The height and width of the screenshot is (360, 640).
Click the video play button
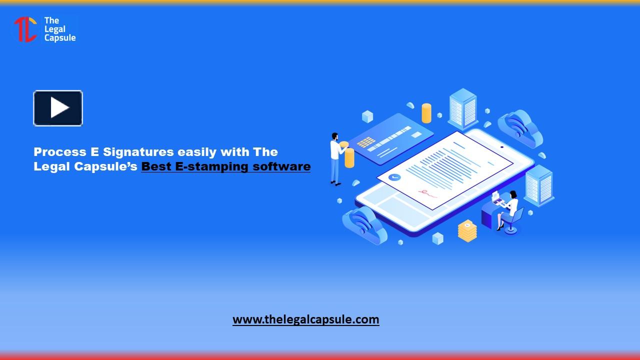(x=58, y=108)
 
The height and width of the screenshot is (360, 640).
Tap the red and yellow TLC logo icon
(x=25, y=29)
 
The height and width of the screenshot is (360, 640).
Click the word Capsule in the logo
(x=60, y=38)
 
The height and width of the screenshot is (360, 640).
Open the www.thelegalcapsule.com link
(x=305, y=319)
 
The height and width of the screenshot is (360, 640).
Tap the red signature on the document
(x=426, y=192)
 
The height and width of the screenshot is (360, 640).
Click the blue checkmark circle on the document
(x=394, y=177)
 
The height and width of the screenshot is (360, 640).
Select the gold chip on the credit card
(x=366, y=142)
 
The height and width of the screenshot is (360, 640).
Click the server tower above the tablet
(x=462, y=108)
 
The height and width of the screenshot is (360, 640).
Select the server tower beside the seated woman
(x=539, y=185)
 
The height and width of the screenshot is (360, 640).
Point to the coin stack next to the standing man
(x=349, y=157)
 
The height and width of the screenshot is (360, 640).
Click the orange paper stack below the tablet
(x=467, y=231)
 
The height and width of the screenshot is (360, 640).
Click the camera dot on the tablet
(x=501, y=147)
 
